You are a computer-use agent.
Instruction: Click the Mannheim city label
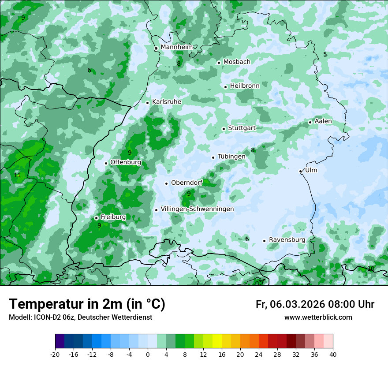click(x=176, y=47)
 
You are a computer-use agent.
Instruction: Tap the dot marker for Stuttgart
click(x=224, y=129)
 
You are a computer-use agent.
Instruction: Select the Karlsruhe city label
click(x=167, y=102)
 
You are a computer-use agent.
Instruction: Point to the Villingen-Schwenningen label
click(x=197, y=209)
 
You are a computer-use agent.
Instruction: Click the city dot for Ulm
click(x=300, y=171)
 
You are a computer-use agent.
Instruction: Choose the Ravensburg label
click(x=287, y=240)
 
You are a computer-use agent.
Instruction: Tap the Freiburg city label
click(x=113, y=217)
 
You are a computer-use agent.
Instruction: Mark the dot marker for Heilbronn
click(x=225, y=87)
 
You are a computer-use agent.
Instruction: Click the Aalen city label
click(x=323, y=121)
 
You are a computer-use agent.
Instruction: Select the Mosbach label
click(x=237, y=62)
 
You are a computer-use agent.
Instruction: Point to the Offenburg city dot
click(x=106, y=163)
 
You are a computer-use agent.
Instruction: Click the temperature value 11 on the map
click(x=17, y=175)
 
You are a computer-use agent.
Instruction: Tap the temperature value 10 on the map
click(x=371, y=269)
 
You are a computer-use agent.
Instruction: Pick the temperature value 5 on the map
click(x=325, y=54)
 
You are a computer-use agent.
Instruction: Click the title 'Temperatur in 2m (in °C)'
click(x=87, y=304)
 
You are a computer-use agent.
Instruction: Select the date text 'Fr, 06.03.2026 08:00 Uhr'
click(x=315, y=304)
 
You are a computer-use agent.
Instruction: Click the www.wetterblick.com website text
click(x=318, y=317)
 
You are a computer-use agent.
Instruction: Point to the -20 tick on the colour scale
click(x=55, y=355)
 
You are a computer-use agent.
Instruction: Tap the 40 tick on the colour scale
click(x=332, y=355)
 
